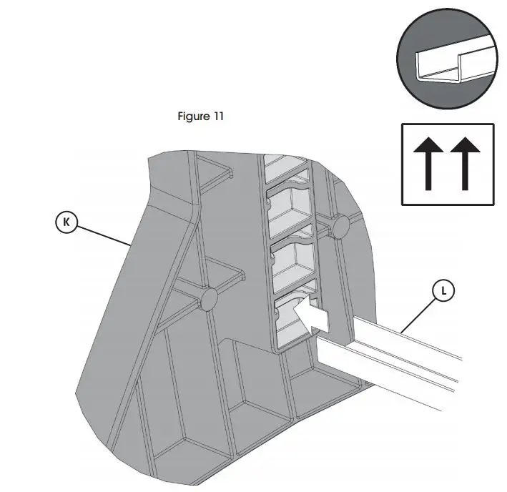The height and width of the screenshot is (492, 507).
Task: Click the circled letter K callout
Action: [x=67, y=222]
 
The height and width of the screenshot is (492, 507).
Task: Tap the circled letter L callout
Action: [x=445, y=291]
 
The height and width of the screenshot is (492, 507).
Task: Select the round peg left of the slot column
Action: [x=208, y=299]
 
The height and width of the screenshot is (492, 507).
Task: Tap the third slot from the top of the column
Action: [x=295, y=260]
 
